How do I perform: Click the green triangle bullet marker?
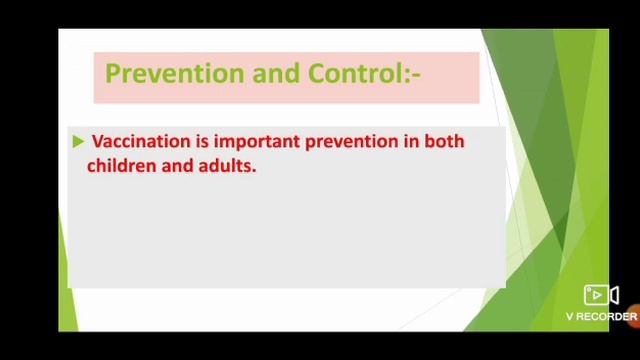pyautogui.click(x=78, y=142)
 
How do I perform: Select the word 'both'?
pyautogui.click(x=445, y=142)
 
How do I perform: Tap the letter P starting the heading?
pyautogui.click(x=113, y=74)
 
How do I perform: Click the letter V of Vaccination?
pyautogui.click(x=97, y=142)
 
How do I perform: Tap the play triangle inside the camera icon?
pyautogui.click(x=597, y=295)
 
